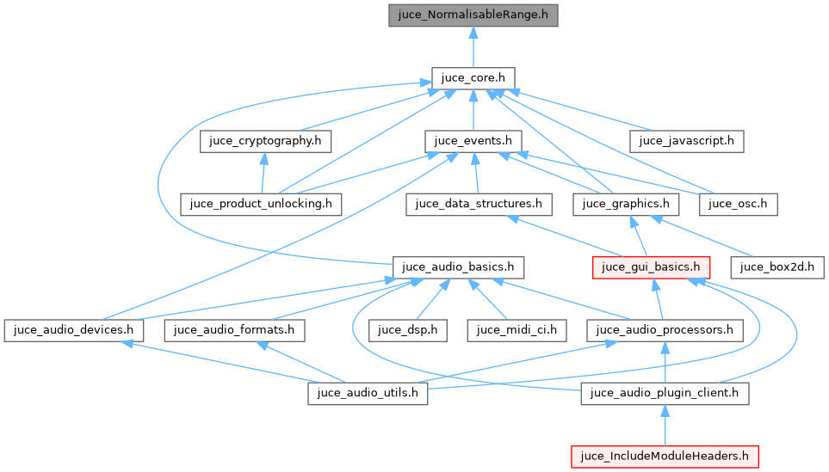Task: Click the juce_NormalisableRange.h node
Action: tap(473, 15)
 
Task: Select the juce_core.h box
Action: tap(473, 78)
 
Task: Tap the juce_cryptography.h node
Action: tap(266, 140)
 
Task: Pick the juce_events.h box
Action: tap(473, 140)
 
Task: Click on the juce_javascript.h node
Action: tap(686, 140)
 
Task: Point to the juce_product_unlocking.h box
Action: tap(262, 204)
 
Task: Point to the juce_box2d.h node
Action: tap(777, 267)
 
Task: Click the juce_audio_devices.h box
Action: tap(73, 329)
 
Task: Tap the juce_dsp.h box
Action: tap(408, 329)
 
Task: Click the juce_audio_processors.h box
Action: tap(665, 329)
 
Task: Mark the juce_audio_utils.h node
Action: tap(368, 393)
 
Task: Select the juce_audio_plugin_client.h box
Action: tap(665, 393)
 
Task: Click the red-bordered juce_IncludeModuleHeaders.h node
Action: tap(665, 456)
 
